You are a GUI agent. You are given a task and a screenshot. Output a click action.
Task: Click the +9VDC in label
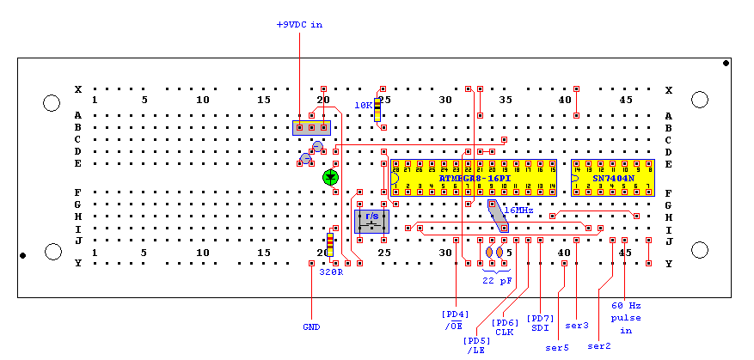(299, 25)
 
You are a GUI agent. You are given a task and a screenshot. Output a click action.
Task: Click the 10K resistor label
(364, 105)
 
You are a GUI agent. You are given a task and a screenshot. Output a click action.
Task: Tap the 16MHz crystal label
(518, 211)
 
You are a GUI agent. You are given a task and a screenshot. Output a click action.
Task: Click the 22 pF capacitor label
(496, 280)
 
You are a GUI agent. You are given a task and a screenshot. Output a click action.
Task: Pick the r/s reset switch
(371, 221)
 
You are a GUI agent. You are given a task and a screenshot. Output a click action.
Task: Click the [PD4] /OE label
(455, 319)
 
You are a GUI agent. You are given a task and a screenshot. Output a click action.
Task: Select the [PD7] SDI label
(540, 323)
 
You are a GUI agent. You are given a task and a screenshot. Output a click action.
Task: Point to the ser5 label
(557, 348)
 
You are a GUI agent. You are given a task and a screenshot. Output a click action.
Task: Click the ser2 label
(598, 346)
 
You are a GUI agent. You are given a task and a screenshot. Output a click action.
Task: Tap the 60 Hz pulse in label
(626, 317)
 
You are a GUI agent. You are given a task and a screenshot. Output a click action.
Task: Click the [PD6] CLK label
(505, 327)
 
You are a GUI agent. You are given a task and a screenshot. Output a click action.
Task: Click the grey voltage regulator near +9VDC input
(311, 128)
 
